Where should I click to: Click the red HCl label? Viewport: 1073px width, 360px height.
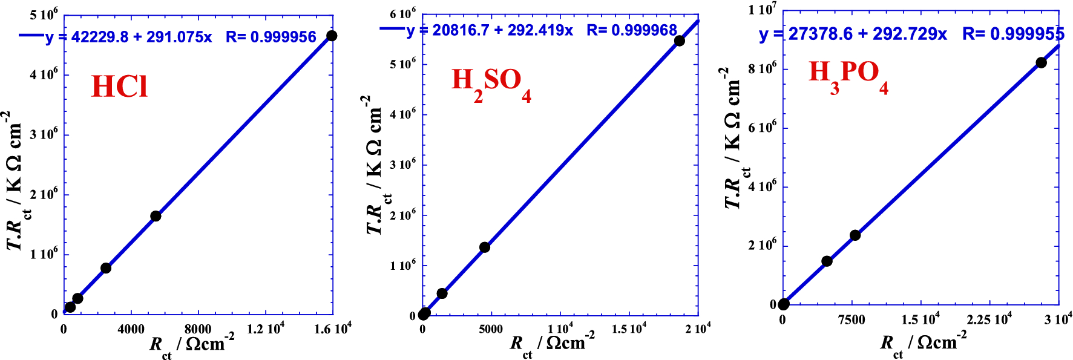[119, 87]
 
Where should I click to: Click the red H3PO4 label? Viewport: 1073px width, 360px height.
[848, 76]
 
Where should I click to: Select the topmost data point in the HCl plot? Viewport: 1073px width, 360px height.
[332, 36]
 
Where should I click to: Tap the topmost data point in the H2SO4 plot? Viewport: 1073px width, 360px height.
[679, 41]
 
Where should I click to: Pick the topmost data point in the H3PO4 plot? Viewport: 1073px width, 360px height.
[1041, 62]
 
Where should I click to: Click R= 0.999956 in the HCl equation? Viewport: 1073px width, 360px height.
[271, 38]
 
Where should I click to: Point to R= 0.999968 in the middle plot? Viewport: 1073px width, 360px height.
[632, 30]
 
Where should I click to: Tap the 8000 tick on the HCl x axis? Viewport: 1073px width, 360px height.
[198, 329]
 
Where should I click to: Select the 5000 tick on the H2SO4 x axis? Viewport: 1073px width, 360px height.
[491, 329]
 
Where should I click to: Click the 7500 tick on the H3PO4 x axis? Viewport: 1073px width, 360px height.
[852, 320]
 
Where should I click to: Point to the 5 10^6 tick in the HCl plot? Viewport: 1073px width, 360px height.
[44, 15]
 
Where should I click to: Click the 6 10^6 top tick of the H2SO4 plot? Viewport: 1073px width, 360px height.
[402, 13]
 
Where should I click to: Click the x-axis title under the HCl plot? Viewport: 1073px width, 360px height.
[191, 345]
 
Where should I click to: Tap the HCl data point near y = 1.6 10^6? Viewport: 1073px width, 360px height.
[156, 216]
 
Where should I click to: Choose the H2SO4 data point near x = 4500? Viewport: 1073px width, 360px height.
[484, 247]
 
